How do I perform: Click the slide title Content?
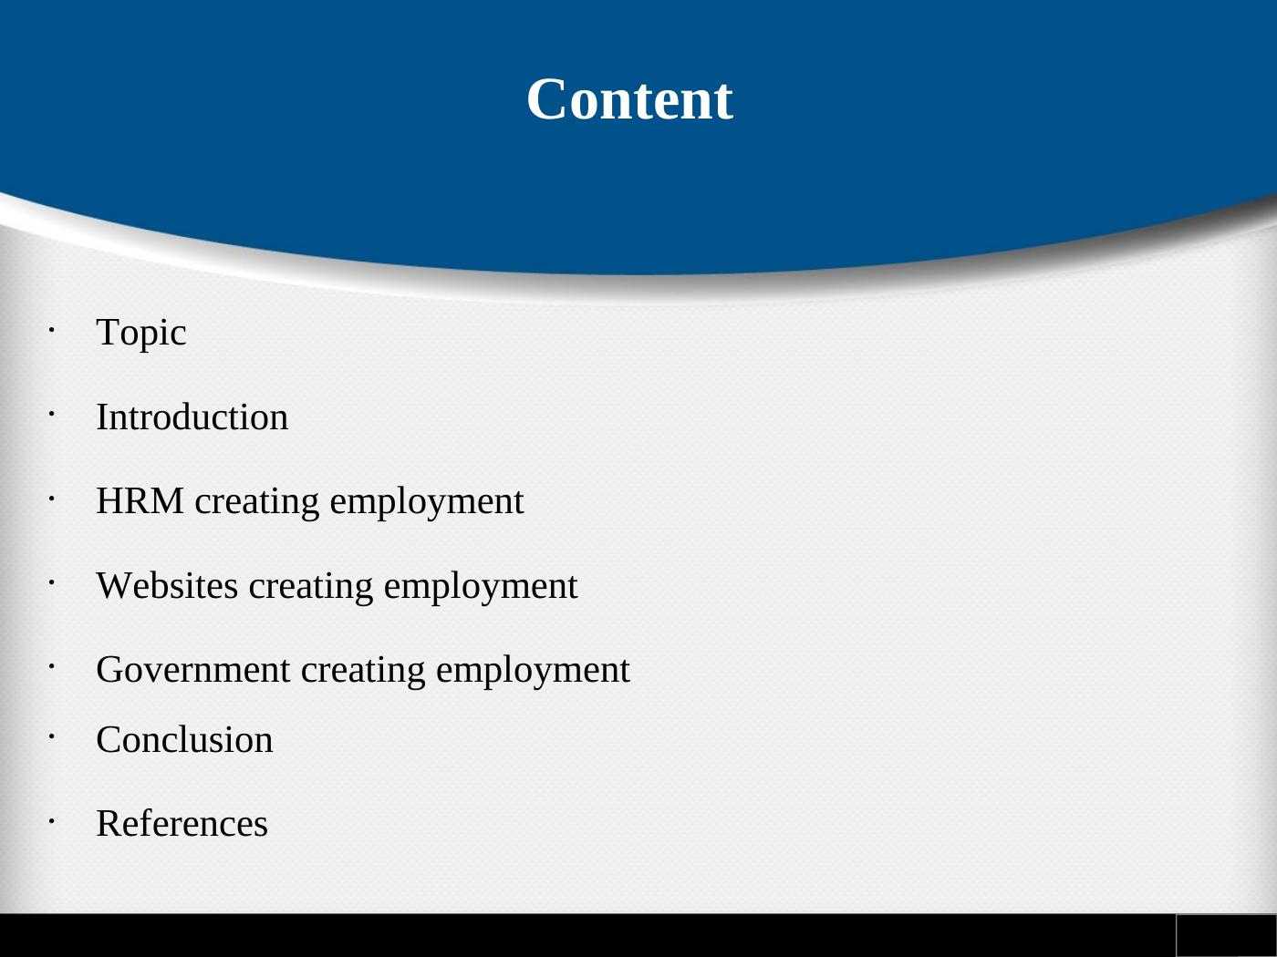pos(629,99)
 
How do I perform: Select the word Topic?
pos(141,333)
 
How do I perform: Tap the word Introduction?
pos(192,417)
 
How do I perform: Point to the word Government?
pos(193,670)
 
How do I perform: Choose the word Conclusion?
pos(184,739)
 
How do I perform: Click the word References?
pos(182,823)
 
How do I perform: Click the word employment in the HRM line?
pos(427,502)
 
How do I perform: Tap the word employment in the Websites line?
pos(481,586)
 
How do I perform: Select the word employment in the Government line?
pos(533,671)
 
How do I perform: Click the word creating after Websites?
pos(311,586)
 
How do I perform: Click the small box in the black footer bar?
pos(1225,935)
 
